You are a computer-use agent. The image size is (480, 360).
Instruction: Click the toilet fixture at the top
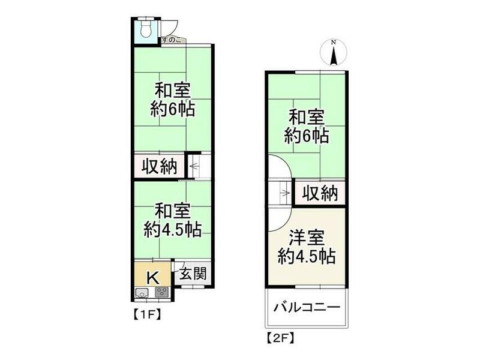click(x=146, y=29)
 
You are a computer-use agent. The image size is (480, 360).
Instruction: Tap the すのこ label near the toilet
click(x=171, y=40)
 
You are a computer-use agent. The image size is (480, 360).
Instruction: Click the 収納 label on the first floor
click(x=159, y=167)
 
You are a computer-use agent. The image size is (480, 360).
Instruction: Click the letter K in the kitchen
click(x=153, y=277)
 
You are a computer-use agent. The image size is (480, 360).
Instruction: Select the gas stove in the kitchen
click(x=163, y=293)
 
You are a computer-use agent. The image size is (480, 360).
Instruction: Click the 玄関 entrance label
click(x=193, y=274)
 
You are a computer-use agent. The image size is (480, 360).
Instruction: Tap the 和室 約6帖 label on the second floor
click(x=307, y=125)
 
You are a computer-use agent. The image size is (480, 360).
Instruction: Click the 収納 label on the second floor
click(x=319, y=193)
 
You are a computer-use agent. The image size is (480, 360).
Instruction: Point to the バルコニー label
click(x=307, y=307)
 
